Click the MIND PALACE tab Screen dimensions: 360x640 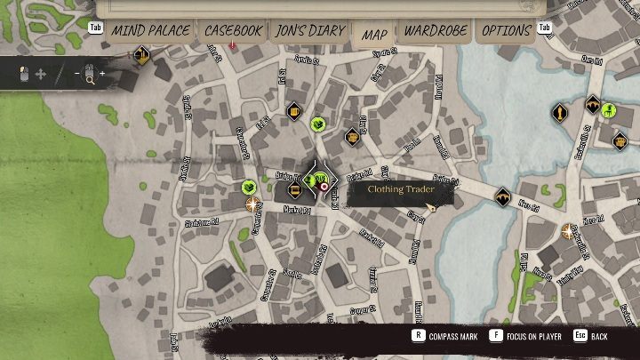pyautogui.click(x=149, y=31)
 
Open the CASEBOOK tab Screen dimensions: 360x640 pyautogui.click(x=234, y=31)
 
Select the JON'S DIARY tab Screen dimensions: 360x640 pyautogui.click(x=309, y=31)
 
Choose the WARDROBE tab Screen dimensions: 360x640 pyautogui.click(x=435, y=31)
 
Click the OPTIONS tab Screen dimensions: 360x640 pyautogui.click(x=507, y=31)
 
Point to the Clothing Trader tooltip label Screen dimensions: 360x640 pyautogui.click(x=399, y=189)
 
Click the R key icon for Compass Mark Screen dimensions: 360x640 pyautogui.click(x=417, y=337)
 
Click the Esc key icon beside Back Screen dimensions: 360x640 pyautogui.click(x=580, y=337)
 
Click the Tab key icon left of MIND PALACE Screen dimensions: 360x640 pyautogui.click(x=98, y=28)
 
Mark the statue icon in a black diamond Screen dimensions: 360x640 pyautogui.click(x=560, y=114)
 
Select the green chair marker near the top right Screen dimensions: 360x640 pyautogui.click(x=609, y=111)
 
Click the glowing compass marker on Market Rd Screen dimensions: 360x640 pyautogui.click(x=253, y=204)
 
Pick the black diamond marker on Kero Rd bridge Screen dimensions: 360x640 pyautogui.click(x=504, y=196)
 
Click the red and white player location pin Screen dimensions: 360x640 pyautogui.click(x=324, y=187)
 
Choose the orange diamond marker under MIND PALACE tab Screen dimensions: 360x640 pyautogui.click(x=140, y=56)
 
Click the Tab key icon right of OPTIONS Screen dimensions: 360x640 pyautogui.click(x=545, y=28)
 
